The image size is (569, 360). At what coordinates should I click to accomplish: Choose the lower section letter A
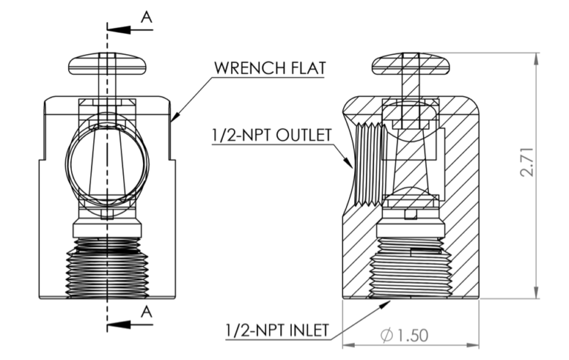[x=147, y=311]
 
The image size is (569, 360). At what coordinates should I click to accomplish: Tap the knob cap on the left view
[x=107, y=64]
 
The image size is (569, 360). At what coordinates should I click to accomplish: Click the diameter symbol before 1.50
[x=387, y=335]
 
